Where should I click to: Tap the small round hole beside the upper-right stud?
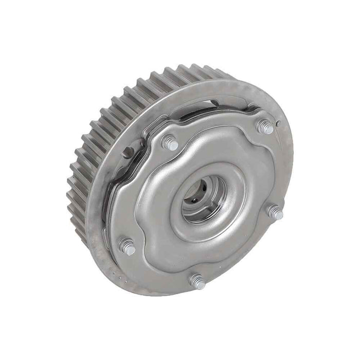278,123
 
